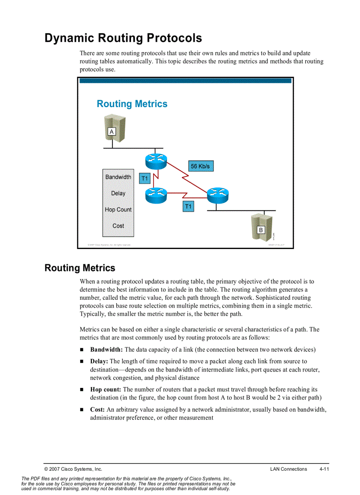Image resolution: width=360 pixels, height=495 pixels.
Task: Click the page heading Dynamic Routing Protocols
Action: tap(123, 38)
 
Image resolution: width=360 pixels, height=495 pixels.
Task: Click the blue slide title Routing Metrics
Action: tap(132, 104)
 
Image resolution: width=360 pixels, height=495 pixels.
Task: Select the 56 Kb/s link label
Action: tap(200, 166)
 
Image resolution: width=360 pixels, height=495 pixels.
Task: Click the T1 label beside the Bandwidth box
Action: tap(145, 179)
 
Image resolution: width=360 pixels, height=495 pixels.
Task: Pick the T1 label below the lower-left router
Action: tap(188, 206)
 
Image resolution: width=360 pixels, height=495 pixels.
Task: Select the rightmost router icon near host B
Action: tap(217, 194)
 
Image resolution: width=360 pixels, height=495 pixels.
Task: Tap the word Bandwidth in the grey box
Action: tap(118, 177)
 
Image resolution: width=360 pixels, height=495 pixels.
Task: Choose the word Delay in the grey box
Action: tap(118, 194)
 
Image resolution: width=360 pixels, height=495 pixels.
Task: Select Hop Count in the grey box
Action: tap(118, 210)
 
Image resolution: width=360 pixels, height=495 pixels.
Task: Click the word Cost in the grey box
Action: tap(118, 226)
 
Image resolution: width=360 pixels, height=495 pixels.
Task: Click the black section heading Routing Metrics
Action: tap(80, 268)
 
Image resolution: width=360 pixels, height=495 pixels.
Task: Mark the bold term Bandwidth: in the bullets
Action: tap(106, 350)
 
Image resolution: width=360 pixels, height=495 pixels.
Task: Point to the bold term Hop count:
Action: tap(105, 389)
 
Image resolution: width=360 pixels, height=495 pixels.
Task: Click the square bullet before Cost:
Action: tap(82, 410)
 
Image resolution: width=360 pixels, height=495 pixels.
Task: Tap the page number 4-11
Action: tap(324, 469)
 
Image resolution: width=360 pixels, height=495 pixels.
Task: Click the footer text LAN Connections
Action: tap(289, 469)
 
